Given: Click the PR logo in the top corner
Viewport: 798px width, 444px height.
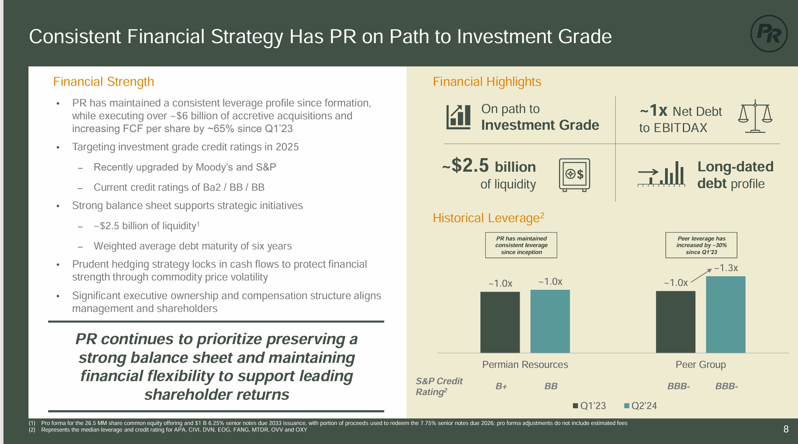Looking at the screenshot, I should [768, 34].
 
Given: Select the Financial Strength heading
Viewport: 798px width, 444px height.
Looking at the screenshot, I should [103, 82].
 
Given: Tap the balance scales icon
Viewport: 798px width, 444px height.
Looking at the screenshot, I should [755, 116].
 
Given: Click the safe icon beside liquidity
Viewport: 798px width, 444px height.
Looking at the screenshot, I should [574, 175].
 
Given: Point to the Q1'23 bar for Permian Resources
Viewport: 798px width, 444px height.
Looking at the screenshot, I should [500, 322].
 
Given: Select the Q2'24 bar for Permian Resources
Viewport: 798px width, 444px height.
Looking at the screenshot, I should [550, 321].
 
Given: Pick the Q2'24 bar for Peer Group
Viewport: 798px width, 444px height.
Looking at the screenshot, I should [725, 315].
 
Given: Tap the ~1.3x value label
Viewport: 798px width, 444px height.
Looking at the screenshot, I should [726, 268].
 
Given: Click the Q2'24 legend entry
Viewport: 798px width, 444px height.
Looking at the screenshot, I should [640, 406].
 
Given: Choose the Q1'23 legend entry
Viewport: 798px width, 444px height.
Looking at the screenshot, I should [589, 406].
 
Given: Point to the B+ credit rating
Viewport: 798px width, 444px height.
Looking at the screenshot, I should [501, 386].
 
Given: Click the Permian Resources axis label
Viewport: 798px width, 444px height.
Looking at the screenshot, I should [525, 364].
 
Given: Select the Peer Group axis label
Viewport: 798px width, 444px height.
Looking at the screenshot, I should [700, 364].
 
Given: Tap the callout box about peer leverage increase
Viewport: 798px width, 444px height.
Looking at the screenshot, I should [701, 245].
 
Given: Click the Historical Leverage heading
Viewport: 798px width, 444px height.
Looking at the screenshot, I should [488, 218].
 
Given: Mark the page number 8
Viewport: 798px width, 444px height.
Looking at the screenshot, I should [786, 429].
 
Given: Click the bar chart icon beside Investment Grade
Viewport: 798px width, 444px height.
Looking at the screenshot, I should [458, 117].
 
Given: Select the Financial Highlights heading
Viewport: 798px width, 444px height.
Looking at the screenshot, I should [487, 82].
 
